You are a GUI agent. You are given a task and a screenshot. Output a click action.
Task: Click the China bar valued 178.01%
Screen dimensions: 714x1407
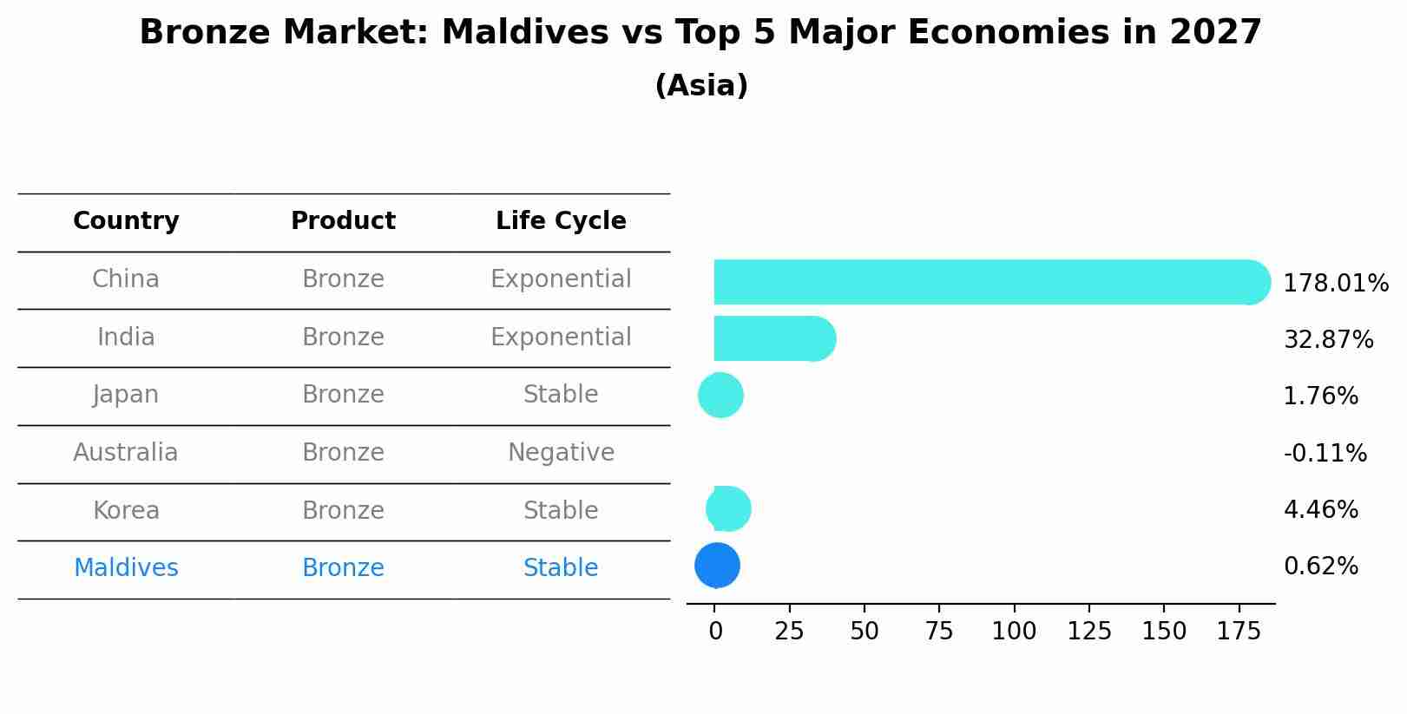(981, 282)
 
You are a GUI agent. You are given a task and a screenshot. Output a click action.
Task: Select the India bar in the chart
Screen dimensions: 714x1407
(768, 338)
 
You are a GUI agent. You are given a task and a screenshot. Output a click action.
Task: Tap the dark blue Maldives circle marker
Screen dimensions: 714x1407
(717, 566)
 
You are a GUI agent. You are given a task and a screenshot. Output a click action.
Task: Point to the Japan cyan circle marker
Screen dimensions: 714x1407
(720, 396)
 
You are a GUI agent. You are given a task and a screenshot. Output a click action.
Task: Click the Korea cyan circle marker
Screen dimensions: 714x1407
(729, 509)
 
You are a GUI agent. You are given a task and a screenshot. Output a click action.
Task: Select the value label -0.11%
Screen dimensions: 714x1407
(1325, 454)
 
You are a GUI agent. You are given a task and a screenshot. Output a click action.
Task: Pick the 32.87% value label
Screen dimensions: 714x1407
(1328, 340)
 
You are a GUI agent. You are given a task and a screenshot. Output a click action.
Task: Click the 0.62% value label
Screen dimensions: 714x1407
(1320, 567)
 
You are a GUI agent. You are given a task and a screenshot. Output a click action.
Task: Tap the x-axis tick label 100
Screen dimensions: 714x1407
(1014, 632)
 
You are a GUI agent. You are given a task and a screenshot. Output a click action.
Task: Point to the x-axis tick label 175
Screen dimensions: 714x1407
(1239, 632)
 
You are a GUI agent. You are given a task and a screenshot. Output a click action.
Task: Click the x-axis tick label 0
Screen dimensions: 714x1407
(715, 632)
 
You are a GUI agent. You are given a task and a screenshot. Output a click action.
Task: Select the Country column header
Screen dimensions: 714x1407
(126, 221)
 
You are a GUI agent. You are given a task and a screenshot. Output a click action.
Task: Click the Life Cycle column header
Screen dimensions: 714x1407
(561, 221)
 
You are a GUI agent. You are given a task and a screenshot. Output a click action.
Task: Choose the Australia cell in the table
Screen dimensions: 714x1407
(126, 453)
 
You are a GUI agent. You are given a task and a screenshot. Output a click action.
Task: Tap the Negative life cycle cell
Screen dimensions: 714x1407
(561, 453)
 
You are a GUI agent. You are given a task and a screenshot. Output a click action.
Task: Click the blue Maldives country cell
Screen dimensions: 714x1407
(126, 568)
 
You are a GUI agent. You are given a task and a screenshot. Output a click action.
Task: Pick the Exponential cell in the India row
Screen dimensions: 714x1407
(561, 337)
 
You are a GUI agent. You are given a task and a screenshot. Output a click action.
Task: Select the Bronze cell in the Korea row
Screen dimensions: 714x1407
(343, 511)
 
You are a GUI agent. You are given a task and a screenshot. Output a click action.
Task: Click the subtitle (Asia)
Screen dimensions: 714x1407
(701, 86)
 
